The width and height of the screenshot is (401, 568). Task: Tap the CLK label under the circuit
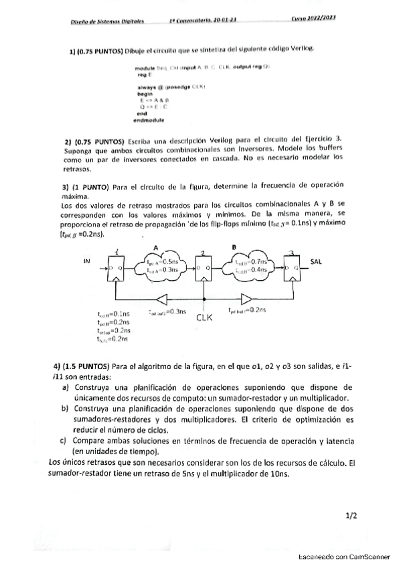(x=205, y=318)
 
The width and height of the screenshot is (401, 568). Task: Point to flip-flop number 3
(x=291, y=270)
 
